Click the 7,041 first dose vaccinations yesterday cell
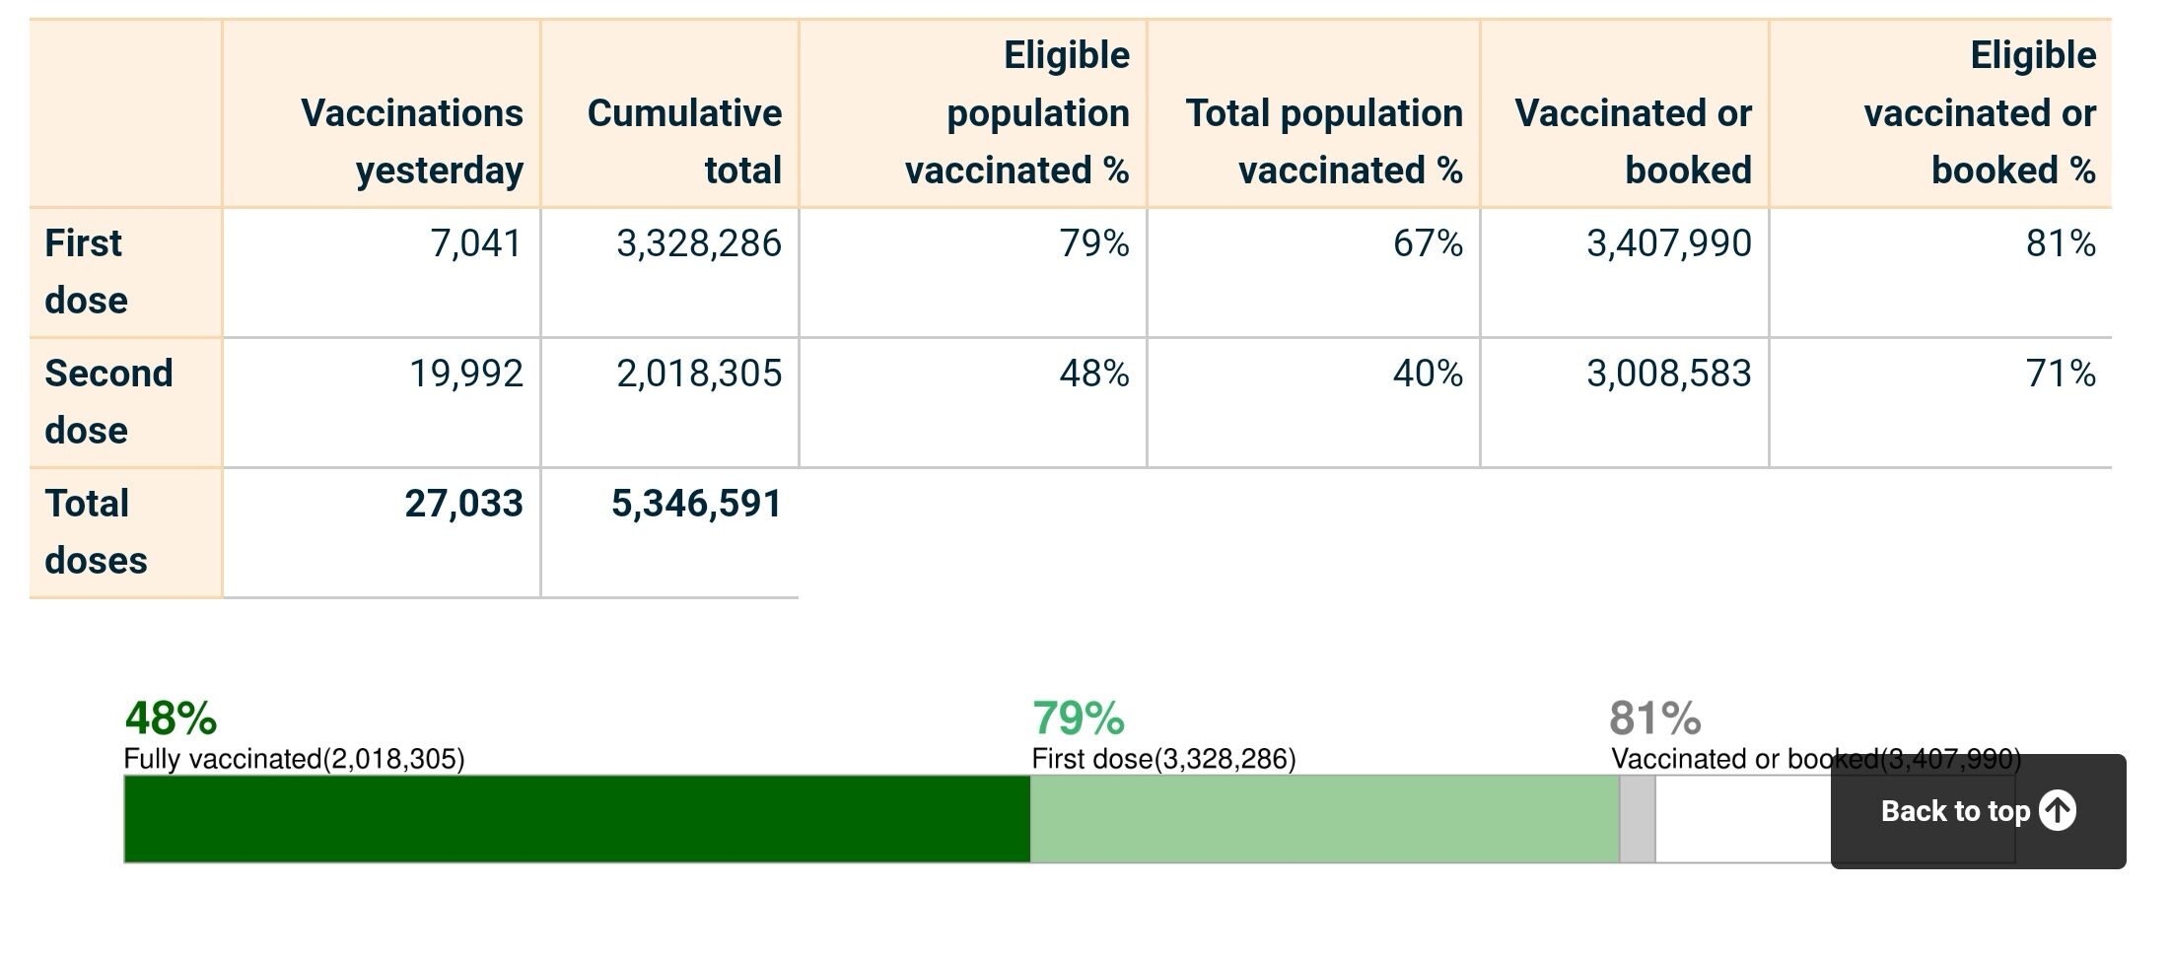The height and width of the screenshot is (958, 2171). click(x=475, y=243)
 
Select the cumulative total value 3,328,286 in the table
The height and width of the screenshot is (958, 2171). click(x=698, y=243)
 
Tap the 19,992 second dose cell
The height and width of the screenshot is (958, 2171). click(x=465, y=374)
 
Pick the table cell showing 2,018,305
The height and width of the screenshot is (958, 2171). click(x=698, y=374)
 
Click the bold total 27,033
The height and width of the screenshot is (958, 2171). click(x=463, y=504)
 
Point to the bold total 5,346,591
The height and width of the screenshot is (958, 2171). click(x=696, y=504)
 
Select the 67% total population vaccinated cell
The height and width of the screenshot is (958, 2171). click(x=1427, y=243)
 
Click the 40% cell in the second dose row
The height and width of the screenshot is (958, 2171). click(x=1427, y=374)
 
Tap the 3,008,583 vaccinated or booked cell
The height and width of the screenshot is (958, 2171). click(x=1668, y=374)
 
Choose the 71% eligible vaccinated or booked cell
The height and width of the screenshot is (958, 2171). click(x=2060, y=374)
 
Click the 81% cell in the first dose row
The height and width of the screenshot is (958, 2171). click(x=2060, y=243)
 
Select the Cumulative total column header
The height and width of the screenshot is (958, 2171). click(x=684, y=141)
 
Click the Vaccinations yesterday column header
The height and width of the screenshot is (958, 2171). click(x=412, y=141)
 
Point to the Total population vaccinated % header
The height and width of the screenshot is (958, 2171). click(x=1324, y=141)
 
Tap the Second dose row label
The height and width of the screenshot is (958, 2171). click(x=108, y=401)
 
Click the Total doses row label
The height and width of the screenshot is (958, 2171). click(x=96, y=531)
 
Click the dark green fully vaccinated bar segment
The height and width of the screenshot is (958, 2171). click(x=577, y=819)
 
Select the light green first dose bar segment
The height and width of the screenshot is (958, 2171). click(x=1324, y=819)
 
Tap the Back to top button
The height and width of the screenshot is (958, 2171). click(x=1978, y=811)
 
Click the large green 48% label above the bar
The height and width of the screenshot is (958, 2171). click(x=171, y=718)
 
